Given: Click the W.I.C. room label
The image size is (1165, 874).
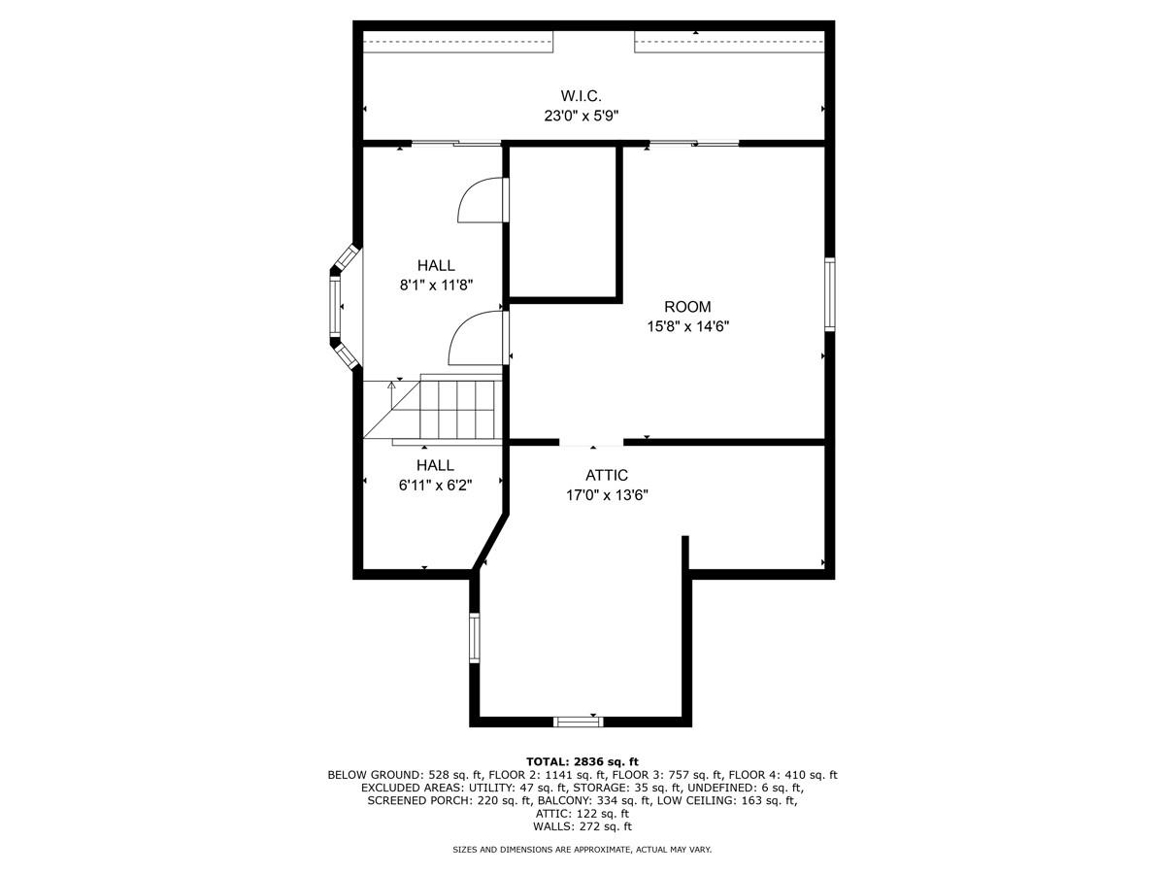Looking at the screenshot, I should tap(581, 95).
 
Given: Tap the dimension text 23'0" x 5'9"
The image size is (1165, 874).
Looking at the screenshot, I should tap(581, 115).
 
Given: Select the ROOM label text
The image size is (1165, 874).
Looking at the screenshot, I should tap(687, 307).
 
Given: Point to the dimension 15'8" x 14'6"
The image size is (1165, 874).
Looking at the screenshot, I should tap(687, 326).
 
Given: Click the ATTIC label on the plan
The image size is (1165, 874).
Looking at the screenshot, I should tap(606, 475).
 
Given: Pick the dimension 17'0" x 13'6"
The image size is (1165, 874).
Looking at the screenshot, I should tap(606, 494).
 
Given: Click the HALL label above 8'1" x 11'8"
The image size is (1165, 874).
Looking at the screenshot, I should tap(436, 265).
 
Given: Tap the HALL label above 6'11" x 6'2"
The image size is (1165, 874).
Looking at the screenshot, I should tap(435, 465).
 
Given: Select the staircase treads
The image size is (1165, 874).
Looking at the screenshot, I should tap(457, 408).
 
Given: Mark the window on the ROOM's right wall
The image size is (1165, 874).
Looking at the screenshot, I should tap(830, 294).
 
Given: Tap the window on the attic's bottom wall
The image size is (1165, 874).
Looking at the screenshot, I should tap(578, 721).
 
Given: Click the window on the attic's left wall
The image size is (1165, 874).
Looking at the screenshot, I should tap(475, 637).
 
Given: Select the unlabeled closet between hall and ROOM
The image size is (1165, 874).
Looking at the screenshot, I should tap(563, 221).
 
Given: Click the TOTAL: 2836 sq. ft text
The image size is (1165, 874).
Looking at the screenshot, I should tap(582, 761).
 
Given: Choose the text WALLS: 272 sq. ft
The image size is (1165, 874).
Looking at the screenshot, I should tap(582, 826).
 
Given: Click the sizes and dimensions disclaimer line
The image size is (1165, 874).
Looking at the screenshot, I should tap(582, 850).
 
